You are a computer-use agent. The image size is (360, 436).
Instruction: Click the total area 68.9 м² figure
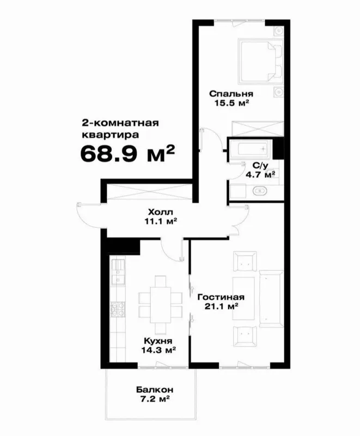click(127, 153)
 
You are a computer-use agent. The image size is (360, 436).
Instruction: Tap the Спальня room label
click(231, 93)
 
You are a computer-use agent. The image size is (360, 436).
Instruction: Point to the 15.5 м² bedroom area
click(231, 103)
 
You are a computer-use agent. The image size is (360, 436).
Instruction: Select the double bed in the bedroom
click(260, 61)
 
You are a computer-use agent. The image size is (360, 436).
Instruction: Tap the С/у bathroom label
click(260, 166)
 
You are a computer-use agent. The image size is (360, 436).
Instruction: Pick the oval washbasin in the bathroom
click(260, 191)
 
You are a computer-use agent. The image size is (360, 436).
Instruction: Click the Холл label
click(161, 213)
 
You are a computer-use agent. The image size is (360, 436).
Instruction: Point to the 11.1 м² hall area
click(161, 221)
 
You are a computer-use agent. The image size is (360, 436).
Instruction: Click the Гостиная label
click(221, 297)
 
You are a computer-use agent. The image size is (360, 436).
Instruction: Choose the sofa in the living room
click(271, 298)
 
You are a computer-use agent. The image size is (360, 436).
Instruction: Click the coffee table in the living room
click(243, 298)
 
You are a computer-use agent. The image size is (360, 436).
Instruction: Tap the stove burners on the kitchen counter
click(118, 309)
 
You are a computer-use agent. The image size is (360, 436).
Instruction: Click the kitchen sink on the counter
click(118, 272)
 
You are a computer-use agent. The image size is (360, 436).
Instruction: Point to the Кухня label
click(158, 341)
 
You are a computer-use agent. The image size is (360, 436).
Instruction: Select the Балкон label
click(155, 390)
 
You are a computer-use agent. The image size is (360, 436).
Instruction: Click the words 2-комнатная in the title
click(120, 123)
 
